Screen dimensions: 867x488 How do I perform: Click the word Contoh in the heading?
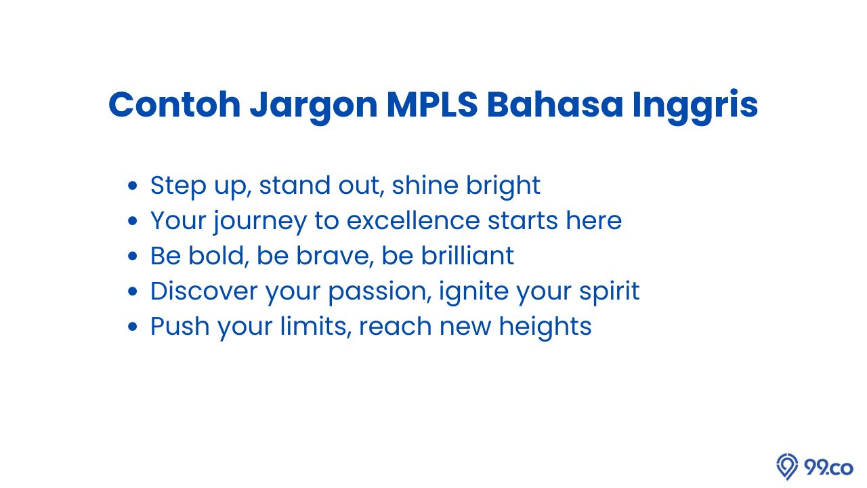175,104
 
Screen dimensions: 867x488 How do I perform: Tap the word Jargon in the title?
314,107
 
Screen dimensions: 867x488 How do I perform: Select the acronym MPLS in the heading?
432,104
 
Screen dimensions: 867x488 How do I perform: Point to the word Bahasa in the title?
555,104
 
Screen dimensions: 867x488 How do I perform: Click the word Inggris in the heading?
695,106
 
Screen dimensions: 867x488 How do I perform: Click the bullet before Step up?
132,186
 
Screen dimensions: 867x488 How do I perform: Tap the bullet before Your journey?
132,221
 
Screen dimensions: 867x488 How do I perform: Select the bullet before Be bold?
132,256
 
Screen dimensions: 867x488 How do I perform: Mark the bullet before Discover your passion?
132,291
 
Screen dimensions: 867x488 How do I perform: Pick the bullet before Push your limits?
132,327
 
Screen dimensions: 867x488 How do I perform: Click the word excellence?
413,220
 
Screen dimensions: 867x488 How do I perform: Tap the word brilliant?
467,256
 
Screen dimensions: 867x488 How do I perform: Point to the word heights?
545,327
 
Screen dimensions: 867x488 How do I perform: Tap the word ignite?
473,292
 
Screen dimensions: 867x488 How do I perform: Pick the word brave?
335,256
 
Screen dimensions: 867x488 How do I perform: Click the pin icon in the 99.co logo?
787,466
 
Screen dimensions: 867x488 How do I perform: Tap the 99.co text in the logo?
828,468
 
